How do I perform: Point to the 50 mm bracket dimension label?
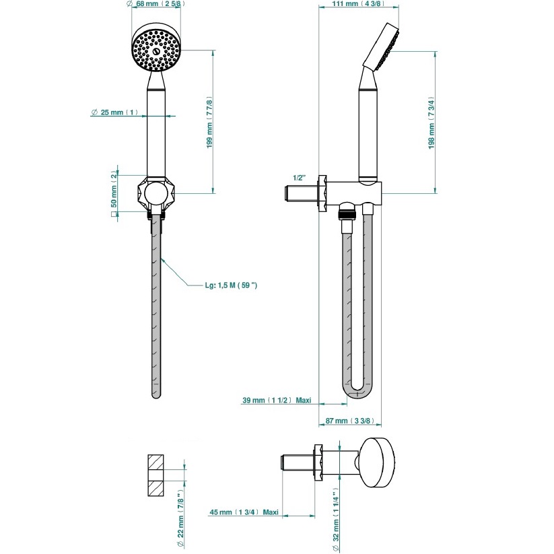point(114,195)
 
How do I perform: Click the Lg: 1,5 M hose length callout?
point(231,285)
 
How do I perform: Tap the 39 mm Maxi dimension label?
point(277,401)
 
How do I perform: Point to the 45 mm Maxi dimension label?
point(244,512)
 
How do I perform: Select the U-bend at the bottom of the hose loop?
point(357,392)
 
